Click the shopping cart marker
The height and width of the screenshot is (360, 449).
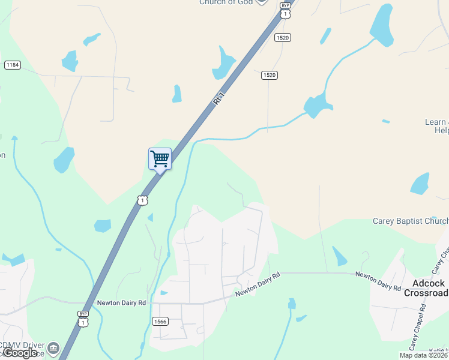160,159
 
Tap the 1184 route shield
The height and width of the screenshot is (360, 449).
12,65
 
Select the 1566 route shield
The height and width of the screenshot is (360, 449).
160,321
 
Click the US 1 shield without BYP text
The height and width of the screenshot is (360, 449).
142,200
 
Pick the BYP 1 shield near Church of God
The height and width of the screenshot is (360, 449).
286,9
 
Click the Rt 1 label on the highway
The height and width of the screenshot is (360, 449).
220,98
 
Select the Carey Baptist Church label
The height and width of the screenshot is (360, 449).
411,221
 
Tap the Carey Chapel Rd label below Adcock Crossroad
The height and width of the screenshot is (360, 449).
417,327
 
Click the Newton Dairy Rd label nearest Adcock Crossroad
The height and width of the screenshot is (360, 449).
378,281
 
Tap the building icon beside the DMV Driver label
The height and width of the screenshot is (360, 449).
53,348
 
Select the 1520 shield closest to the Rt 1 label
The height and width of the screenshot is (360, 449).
269,74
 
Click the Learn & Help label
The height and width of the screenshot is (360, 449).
436,126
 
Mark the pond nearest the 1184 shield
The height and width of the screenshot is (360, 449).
70,61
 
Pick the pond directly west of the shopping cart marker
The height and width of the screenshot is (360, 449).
64,159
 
